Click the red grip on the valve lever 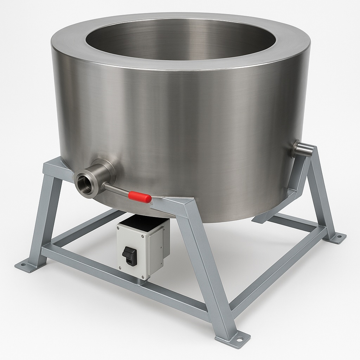[140, 197]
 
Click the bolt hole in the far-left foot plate [23, 264]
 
